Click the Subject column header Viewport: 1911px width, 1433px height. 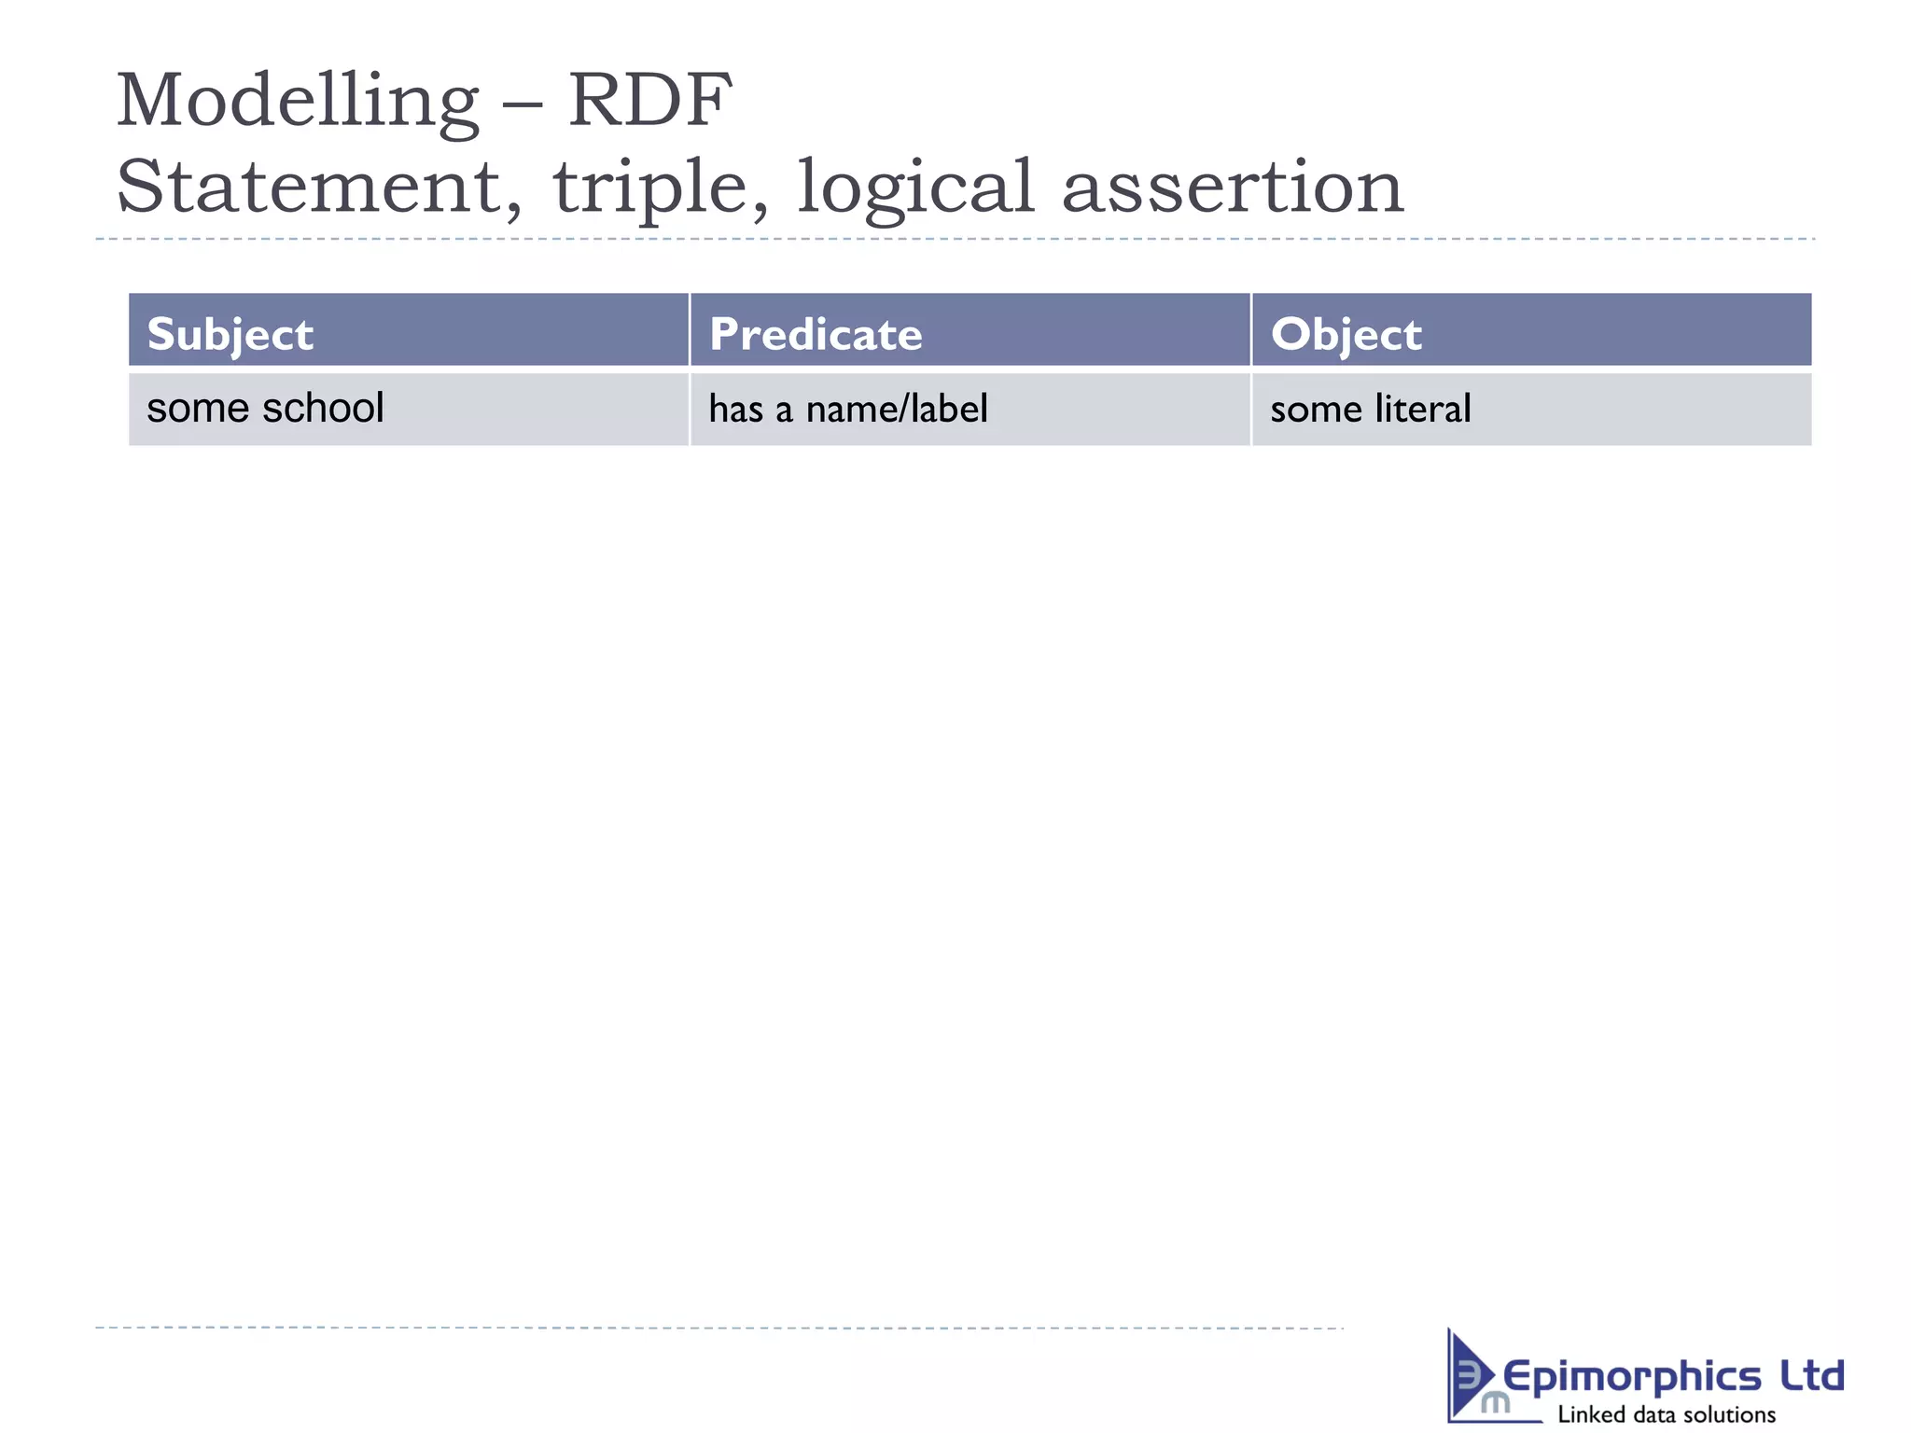230,334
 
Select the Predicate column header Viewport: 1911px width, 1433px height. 816,334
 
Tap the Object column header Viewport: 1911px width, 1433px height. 1346,334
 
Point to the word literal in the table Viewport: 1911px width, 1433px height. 1422,409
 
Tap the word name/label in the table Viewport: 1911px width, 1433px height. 897,409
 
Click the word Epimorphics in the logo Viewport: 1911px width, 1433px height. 1631,1377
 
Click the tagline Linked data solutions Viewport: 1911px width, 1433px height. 1667,1414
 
